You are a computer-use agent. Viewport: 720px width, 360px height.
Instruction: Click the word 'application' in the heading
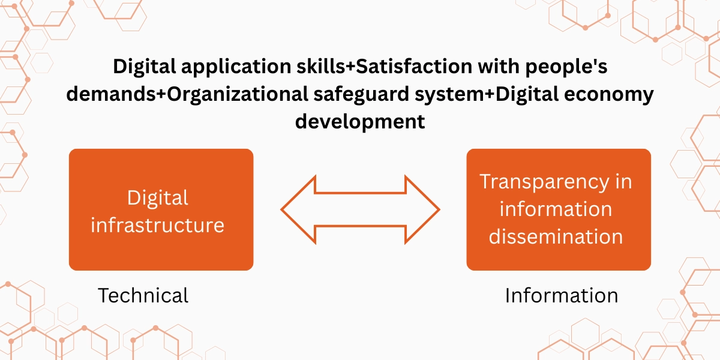[x=236, y=67]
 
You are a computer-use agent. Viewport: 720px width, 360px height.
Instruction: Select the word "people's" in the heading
[x=566, y=67]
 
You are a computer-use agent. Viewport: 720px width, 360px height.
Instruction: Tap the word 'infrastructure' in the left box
[x=157, y=224]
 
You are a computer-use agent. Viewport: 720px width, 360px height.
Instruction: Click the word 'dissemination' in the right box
[x=556, y=236]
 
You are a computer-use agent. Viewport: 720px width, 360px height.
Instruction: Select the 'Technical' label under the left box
[x=143, y=295]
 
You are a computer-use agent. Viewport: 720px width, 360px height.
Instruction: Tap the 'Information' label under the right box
[x=562, y=295]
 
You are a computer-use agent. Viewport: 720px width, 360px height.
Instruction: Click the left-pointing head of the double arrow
[x=298, y=209]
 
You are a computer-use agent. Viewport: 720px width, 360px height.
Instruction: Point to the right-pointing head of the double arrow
[x=422, y=209]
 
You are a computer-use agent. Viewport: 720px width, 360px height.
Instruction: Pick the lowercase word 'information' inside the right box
[x=556, y=209]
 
